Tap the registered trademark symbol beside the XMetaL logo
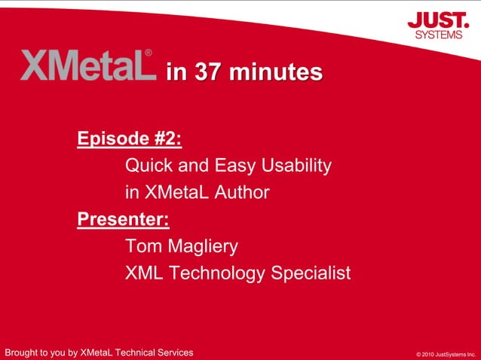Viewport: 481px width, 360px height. point(149,53)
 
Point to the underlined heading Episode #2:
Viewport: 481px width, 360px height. point(130,139)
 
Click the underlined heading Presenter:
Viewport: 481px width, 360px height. point(123,219)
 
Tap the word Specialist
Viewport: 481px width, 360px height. point(316,273)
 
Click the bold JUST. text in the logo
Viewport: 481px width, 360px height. point(438,20)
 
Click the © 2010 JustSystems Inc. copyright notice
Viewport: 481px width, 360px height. point(446,353)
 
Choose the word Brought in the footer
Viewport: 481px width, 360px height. point(22,352)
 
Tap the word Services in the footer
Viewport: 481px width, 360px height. point(173,352)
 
